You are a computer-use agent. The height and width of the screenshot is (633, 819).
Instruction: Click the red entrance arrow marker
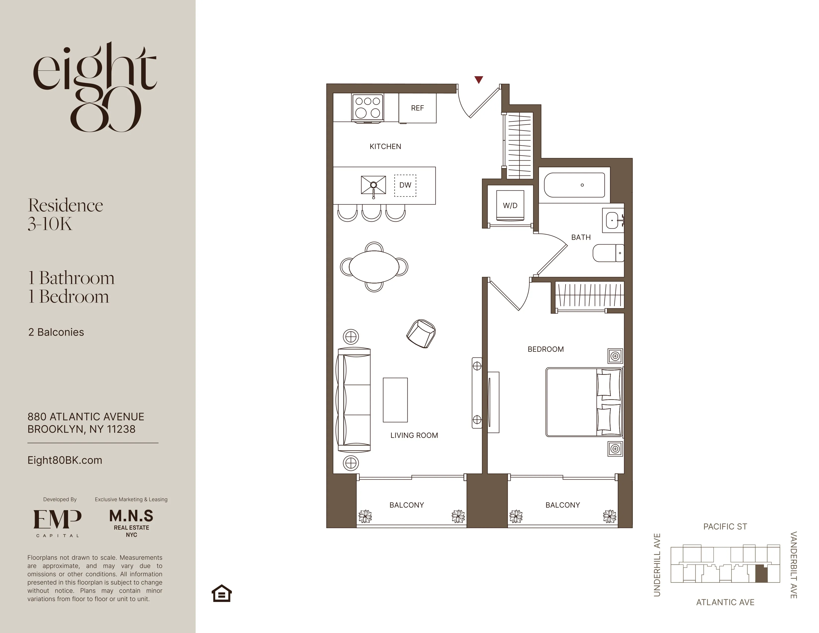point(478,79)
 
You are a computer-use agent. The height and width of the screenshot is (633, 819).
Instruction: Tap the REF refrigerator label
point(417,108)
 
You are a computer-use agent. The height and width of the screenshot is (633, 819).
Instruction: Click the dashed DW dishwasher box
point(405,185)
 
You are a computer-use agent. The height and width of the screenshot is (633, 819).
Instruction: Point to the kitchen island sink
point(373,185)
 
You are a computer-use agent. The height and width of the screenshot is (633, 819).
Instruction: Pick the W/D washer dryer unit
point(510,206)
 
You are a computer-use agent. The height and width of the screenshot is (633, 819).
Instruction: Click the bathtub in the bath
point(574,185)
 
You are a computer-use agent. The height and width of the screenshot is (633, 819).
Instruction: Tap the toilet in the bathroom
point(607,253)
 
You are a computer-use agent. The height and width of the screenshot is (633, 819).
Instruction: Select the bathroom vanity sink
point(613,220)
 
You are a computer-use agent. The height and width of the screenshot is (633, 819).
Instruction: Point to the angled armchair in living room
point(421,333)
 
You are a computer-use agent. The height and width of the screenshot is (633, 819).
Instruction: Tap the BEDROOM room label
point(546,349)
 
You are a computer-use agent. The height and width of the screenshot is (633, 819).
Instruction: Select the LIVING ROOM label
point(414,435)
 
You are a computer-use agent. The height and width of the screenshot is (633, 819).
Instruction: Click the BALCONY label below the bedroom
point(563,505)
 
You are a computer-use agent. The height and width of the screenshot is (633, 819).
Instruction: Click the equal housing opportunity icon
point(222,593)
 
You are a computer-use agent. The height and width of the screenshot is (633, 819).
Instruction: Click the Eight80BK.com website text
point(65,460)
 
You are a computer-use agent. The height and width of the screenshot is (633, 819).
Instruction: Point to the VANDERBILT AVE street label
point(793,565)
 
